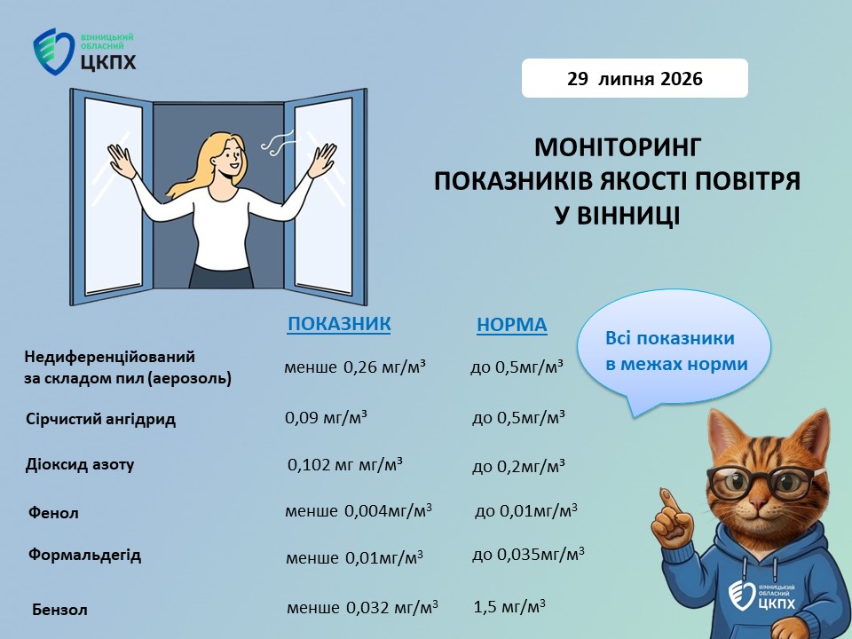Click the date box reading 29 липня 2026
pos(635,78)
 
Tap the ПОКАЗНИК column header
pos(339,324)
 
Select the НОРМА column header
pos(512,325)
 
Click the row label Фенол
pos(53,512)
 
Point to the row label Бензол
pos(59,609)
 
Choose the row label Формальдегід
pos(85,555)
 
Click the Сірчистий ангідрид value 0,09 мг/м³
pos(326,417)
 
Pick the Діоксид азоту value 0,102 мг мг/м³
pos(345,464)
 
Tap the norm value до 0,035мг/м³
pos(528,554)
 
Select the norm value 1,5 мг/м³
pos(509,606)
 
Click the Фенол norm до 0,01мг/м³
pos(526,511)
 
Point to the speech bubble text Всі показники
pos(670,338)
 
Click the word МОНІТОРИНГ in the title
pos(617,147)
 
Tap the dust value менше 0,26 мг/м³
pos(354,367)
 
